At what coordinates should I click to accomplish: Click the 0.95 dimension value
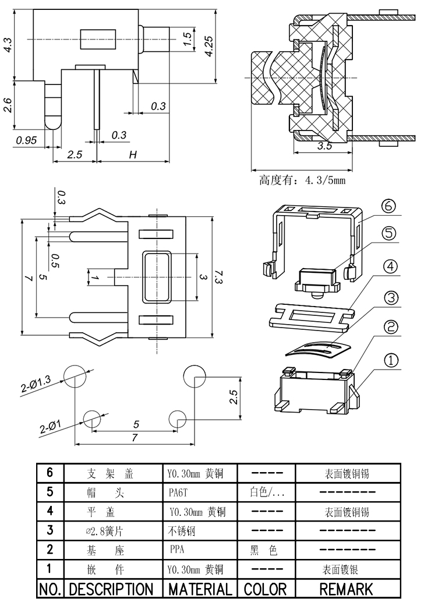coord(27,140)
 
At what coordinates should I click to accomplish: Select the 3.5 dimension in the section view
coord(324,146)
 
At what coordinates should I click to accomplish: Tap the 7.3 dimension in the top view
coord(218,277)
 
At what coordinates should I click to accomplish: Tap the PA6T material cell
coord(179,493)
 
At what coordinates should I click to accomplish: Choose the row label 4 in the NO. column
coord(50,511)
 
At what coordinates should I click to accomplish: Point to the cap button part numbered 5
coord(317,279)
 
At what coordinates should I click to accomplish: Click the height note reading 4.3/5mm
coord(302,180)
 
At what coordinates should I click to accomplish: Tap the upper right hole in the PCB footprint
coord(193,376)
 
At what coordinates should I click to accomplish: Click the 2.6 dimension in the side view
coord(8,105)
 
